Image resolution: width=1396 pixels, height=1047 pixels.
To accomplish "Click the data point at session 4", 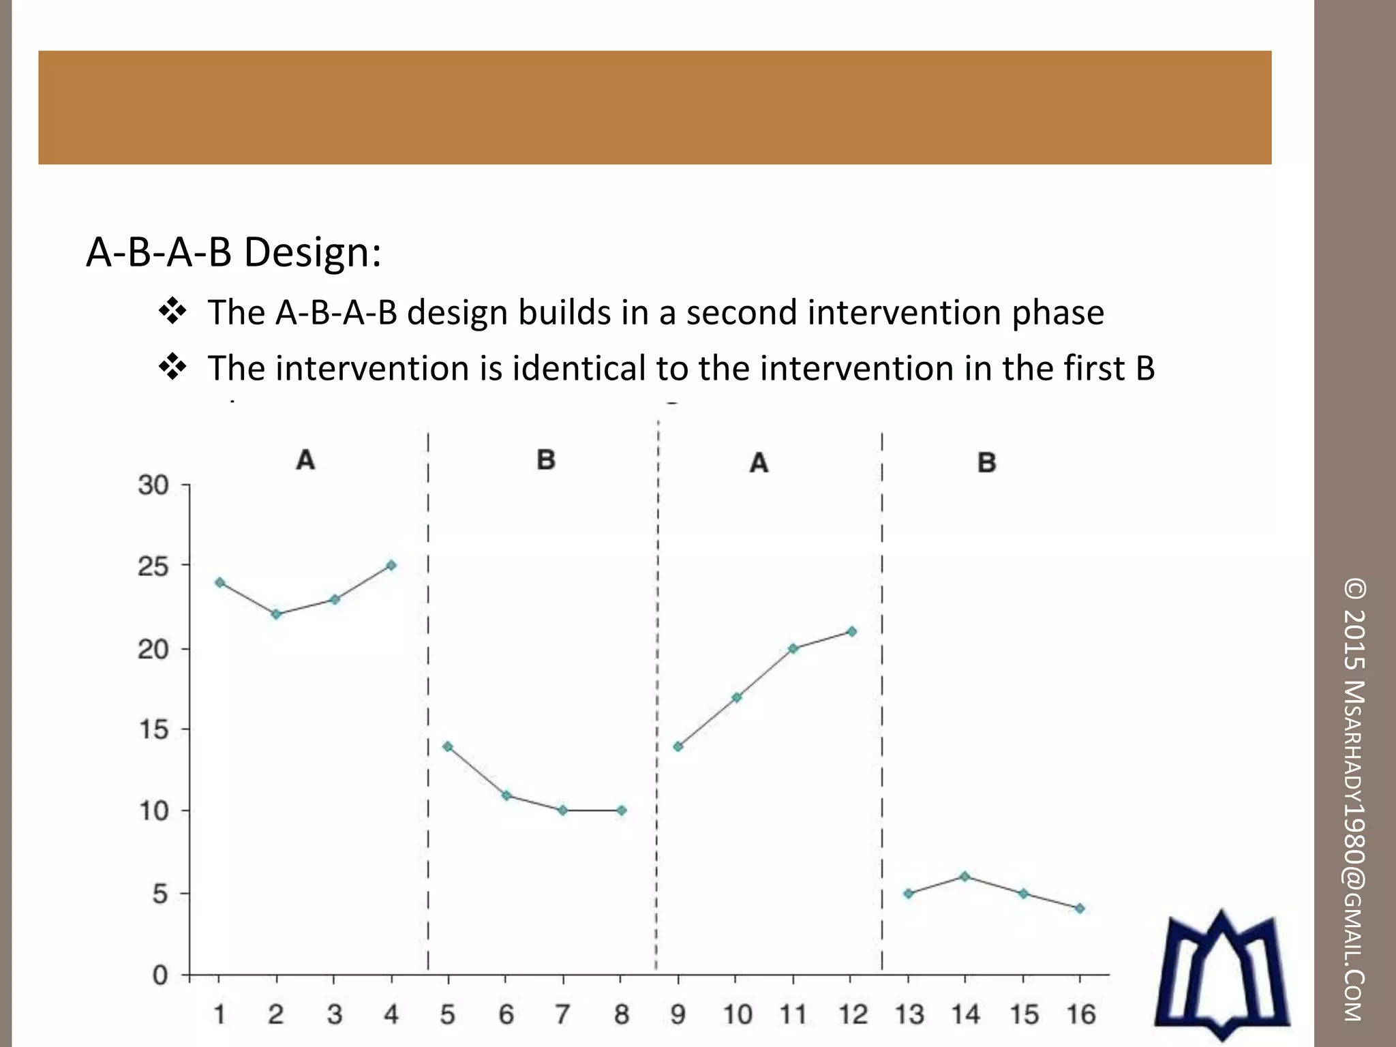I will coord(391,565).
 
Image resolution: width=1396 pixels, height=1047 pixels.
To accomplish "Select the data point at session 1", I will coord(219,583).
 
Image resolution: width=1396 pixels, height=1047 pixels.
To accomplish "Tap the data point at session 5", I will coord(448,746).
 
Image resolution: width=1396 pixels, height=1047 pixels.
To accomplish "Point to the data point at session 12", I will coord(851,631).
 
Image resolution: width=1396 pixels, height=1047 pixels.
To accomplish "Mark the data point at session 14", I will coord(965,877).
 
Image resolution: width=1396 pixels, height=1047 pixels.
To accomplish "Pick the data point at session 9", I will coord(678,746).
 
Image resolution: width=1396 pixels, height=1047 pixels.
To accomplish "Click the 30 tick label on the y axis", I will coord(153,485).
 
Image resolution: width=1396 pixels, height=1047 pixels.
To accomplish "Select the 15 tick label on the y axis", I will coord(153,730).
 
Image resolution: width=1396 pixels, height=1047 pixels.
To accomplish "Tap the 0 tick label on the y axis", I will coord(160,975).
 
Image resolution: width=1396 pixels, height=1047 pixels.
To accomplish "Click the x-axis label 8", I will coord(621,1015).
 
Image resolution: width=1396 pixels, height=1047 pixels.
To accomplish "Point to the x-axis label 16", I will coord(1081,1015).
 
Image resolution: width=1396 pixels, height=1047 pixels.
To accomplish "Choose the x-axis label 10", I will coord(737,1015).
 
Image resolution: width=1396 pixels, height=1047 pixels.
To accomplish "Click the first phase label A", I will coord(305,460).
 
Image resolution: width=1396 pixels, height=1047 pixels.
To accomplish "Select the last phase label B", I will coord(986,463).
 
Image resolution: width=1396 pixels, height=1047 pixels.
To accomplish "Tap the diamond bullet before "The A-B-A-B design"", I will coord(172,312).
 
